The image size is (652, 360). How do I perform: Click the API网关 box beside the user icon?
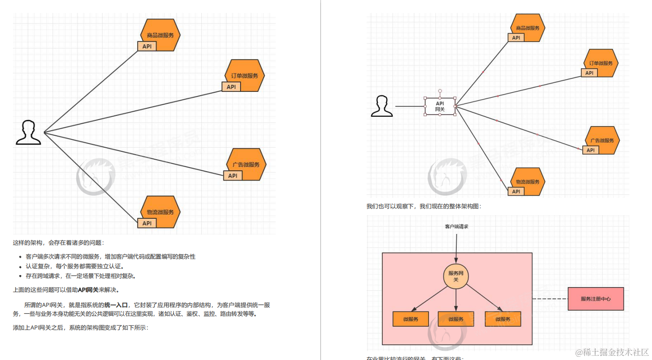coord(440,106)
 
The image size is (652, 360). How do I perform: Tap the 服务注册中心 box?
coord(596,299)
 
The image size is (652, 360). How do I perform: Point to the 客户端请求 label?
coord(456,227)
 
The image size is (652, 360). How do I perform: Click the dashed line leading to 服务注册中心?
coord(550,299)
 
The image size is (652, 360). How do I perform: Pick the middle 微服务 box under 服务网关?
coord(456,319)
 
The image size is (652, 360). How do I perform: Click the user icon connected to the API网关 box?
coord(382,106)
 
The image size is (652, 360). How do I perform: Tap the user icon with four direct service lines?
coord(29,133)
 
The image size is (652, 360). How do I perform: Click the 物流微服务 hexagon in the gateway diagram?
coord(528,181)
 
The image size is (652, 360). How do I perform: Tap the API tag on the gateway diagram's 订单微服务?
coord(589,73)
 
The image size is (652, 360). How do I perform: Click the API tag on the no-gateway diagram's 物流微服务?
coord(147,223)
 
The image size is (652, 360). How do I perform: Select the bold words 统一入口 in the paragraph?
coord(116,305)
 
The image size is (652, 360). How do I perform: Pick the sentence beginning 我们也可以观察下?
coord(424,206)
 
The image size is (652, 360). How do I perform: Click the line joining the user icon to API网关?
coord(410,106)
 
